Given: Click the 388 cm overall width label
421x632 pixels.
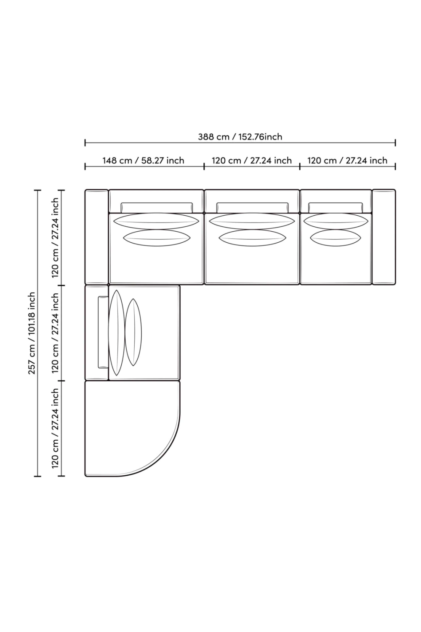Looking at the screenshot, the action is click(240, 137).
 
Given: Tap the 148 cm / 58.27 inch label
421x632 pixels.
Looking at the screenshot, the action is click(143, 161).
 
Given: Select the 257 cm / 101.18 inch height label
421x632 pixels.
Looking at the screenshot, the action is click(32, 333).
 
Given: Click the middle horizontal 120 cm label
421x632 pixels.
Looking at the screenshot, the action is click(251, 161).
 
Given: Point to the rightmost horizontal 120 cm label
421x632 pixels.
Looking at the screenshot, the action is click(347, 161).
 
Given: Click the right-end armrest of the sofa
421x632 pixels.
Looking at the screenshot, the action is click(384, 237).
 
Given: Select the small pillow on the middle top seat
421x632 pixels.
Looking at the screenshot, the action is click(252, 238).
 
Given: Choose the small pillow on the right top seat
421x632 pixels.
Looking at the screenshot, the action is click(336, 238).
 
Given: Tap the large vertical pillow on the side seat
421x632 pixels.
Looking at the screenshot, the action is click(117, 333).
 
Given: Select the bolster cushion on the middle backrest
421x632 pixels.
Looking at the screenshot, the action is click(252, 207).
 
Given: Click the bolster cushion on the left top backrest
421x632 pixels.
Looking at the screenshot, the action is click(157, 207).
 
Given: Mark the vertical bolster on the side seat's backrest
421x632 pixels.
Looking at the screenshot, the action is click(103, 332).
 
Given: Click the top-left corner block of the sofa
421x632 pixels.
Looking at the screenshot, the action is click(97, 237).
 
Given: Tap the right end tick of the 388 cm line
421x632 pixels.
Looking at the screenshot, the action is click(395, 143).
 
